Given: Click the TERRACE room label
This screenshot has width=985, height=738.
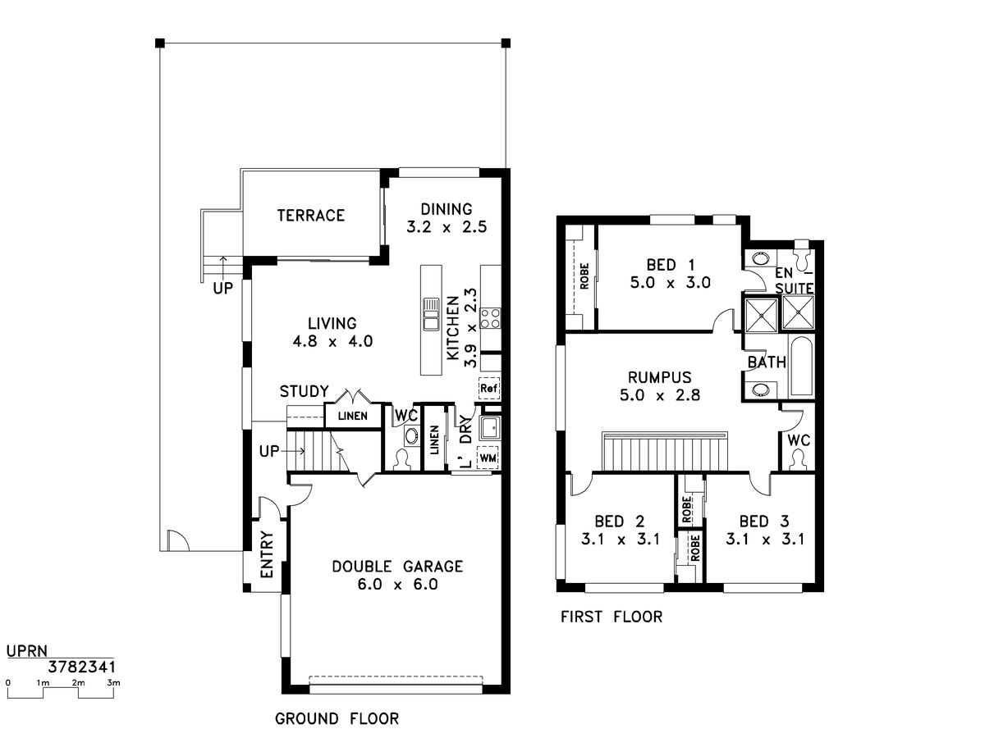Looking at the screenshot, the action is (310, 216).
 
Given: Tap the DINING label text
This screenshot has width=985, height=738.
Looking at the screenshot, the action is (446, 209).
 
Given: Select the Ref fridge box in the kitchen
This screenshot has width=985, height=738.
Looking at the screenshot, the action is (488, 388).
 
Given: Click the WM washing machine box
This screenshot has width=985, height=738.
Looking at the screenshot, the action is (488, 458).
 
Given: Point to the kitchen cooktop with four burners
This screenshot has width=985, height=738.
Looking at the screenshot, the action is (490, 318).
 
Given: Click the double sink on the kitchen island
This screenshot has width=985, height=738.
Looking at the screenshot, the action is (431, 314).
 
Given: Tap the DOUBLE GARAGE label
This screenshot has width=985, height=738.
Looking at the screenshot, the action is (397, 567).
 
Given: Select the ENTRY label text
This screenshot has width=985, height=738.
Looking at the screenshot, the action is (267, 554).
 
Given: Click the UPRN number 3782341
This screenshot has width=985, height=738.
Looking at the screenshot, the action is (81, 667).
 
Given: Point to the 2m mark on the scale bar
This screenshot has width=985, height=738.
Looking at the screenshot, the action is (78, 683).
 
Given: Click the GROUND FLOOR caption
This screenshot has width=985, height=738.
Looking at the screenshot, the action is (337, 719).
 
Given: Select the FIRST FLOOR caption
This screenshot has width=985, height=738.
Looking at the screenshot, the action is (612, 617).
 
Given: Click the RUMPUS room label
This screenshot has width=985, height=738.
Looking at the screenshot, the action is (660, 377).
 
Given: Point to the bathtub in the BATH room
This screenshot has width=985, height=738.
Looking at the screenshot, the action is (801, 366).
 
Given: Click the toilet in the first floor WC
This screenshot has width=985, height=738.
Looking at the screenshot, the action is (797, 459).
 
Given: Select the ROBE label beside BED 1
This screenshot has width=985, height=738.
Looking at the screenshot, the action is (584, 276).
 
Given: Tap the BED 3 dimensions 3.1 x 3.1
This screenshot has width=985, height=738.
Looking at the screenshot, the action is (765, 539).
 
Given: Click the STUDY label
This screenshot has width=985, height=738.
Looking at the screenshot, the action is (305, 392).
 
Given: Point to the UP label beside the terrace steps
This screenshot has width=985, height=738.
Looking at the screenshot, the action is (223, 289).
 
